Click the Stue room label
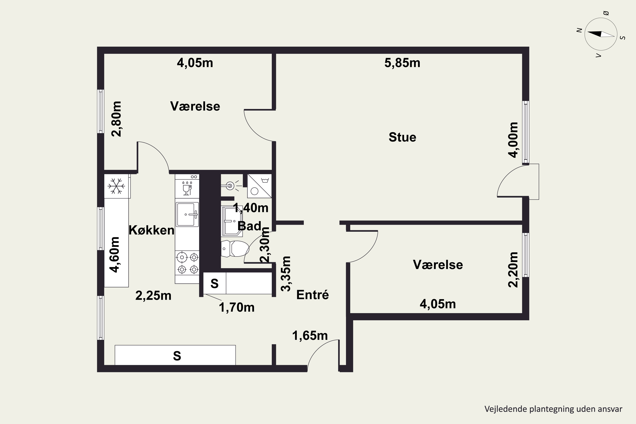coord(402,137)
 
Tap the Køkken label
coord(151,230)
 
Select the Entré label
coord(312,294)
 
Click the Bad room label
coord(249,226)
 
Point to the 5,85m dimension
coord(402,63)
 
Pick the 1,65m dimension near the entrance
coord(310,336)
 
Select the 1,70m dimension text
coord(237,307)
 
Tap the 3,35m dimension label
coord(286,274)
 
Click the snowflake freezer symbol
coord(116,186)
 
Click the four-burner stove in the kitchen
coord(187,263)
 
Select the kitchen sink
coord(187,214)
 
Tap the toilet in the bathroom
coord(235,248)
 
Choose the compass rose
coord(601,34)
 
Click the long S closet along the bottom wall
coord(175,355)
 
